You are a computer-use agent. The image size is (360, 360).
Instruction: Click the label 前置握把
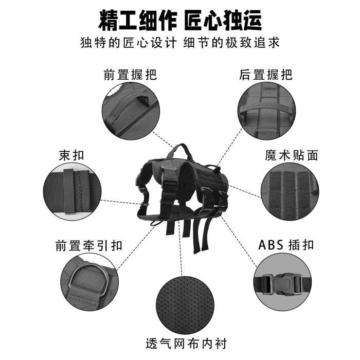pos(130,75)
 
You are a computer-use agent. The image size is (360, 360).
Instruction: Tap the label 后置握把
pos(266,75)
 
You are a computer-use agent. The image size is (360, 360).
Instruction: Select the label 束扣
pos(71,155)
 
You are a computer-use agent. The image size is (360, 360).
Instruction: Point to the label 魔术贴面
pos(292,155)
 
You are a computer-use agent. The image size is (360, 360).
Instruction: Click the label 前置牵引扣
pos(89,245)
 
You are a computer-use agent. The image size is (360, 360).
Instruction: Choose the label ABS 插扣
pos(286,245)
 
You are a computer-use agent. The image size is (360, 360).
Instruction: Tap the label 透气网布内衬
pos(186,344)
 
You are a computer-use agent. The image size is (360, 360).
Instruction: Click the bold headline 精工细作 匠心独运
pos(180,20)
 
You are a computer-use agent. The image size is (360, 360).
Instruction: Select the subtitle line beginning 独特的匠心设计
pos(180,43)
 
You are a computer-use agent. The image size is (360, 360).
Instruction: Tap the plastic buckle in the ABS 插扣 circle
pos(283,284)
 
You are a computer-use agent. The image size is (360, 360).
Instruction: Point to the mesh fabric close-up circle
pos(186,305)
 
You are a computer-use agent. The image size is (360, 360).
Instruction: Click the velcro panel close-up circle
pos(290,192)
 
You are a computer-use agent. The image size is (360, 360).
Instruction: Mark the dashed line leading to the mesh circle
pos(180,247)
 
